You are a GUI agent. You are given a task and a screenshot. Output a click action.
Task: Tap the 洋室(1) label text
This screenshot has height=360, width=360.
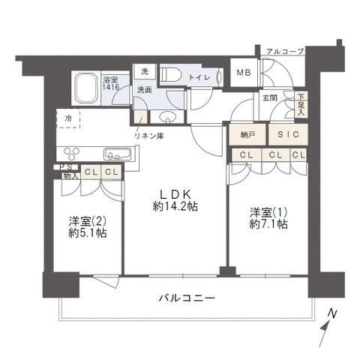[268, 212]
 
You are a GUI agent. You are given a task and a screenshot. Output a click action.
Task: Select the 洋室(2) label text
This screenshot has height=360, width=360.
[88, 221]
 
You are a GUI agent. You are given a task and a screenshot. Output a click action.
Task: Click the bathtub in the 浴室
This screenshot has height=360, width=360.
[86, 88]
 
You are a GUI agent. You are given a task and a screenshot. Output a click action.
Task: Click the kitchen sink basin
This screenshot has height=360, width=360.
[118, 154]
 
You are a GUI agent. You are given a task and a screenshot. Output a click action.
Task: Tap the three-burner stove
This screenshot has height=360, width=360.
[72, 154]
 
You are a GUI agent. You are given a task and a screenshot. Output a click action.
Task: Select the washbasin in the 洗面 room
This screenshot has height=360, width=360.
[168, 117]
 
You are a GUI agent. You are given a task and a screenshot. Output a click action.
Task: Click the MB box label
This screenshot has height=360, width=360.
[244, 73]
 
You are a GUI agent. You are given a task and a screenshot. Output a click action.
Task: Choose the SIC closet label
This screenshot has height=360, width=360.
[288, 134]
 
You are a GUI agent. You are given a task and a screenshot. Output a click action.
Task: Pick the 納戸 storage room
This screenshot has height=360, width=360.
[247, 134]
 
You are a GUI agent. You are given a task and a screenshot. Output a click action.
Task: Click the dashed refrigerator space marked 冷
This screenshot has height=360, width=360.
[68, 118]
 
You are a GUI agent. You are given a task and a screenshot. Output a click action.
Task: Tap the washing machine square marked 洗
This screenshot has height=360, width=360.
[145, 72]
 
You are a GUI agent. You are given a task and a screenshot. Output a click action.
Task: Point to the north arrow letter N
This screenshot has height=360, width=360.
[332, 313]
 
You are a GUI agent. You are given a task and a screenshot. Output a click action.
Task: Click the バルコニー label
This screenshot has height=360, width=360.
[187, 298]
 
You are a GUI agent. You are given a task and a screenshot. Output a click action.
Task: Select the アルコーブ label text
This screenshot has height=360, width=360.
[285, 52]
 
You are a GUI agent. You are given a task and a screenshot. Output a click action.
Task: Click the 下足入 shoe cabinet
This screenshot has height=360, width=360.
[301, 104]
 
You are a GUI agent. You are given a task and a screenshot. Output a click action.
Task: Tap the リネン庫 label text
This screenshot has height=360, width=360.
[149, 136]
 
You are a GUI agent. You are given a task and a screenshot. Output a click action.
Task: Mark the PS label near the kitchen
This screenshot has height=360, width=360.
[65, 166]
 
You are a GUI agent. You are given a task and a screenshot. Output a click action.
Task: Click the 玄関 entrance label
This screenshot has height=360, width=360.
[270, 97]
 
